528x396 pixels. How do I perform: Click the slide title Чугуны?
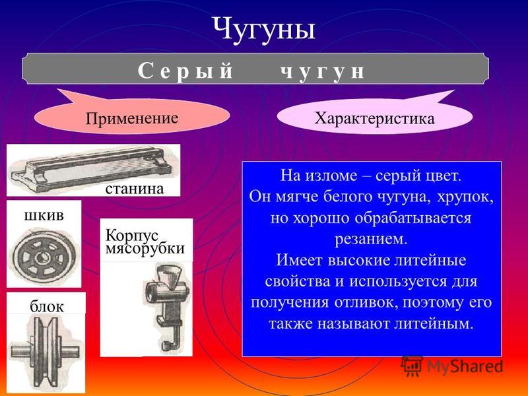click(264, 29)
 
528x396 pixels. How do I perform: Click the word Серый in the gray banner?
click(185, 71)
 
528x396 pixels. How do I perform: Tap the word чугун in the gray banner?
click(323, 72)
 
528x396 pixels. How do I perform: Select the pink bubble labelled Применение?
click(132, 116)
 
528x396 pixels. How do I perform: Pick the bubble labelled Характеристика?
click(374, 117)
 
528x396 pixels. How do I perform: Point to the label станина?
click(135, 189)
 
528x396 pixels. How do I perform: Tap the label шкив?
click(44, 215)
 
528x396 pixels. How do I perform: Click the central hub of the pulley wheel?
click(42, 257)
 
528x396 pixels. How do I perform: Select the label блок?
click(46, 306)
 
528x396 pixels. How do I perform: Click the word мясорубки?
click(145, 249)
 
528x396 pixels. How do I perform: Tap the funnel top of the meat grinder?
click(170, 272)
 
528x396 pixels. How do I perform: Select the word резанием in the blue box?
click(371, 240)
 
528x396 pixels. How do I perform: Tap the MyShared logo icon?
click(411, 366)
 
